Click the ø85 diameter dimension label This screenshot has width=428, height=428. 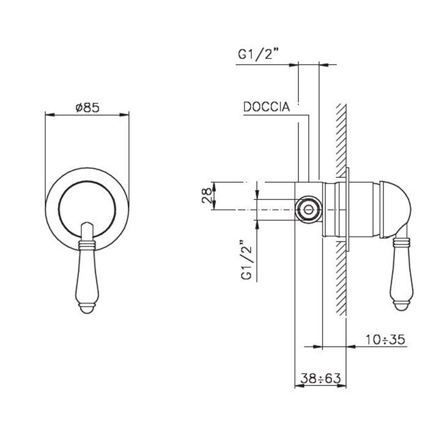coord(87,107)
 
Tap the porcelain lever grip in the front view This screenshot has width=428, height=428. coord(87,275)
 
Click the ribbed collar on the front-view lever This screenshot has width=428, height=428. coord(87,245)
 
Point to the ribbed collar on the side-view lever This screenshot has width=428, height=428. coord(402,244)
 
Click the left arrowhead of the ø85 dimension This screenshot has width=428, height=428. coord(49,114)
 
